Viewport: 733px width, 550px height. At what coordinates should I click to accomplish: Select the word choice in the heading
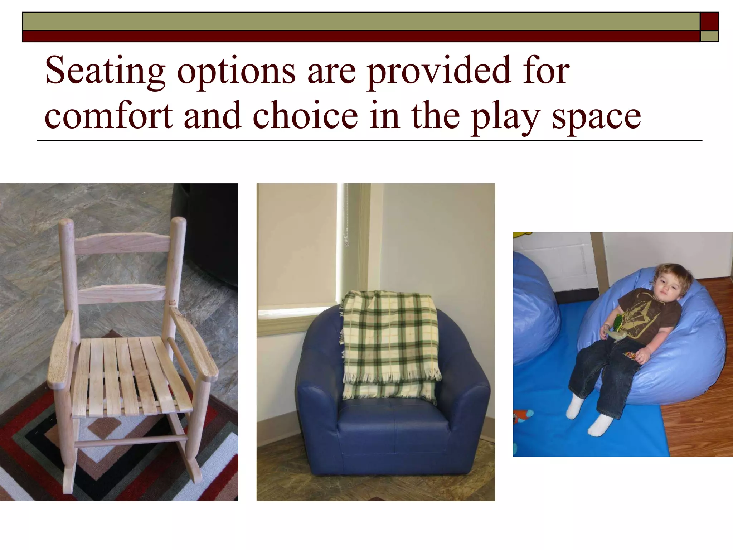click(x=305, y=115)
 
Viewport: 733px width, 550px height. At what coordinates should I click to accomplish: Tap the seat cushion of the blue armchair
click(x=392, y=415)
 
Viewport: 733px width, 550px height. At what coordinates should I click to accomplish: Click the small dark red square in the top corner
click(x=709, y=21)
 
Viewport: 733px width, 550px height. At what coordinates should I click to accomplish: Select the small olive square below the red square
click(x=709, y=36)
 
